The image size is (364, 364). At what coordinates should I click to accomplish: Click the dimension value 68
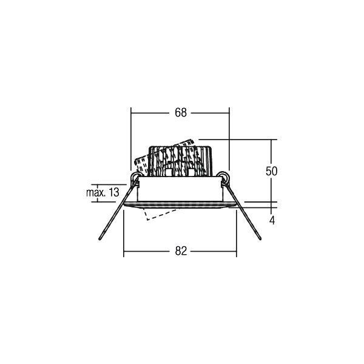click(x=181, y=113)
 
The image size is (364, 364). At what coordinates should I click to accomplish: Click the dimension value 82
click(x=181, y=251)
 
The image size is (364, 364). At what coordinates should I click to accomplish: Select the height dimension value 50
click(x=271, y=171)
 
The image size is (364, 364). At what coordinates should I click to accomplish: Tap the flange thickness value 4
click(x=272, y=220)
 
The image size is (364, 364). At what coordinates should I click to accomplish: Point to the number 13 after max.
click(x=114, y=192)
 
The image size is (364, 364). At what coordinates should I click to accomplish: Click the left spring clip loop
click(x=135, y=177)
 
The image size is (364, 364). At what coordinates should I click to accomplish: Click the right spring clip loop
click(x=223, y=177)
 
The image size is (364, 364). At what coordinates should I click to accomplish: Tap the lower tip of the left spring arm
click(x=100, y=238)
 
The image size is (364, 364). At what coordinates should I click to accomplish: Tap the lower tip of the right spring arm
click(x=260, y=238)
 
